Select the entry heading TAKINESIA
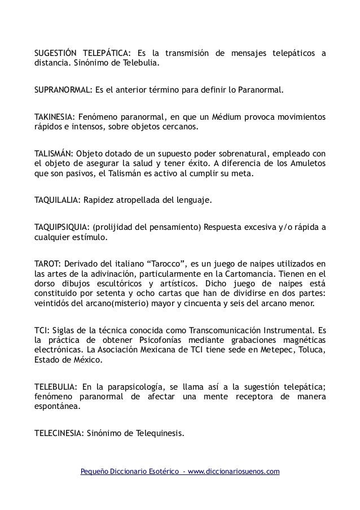pyautogui.click(x=54, y=116)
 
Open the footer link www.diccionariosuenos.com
pyautogui.click(x=233, y=471)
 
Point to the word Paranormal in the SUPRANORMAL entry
pyautogui.click(x=261, y=90)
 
